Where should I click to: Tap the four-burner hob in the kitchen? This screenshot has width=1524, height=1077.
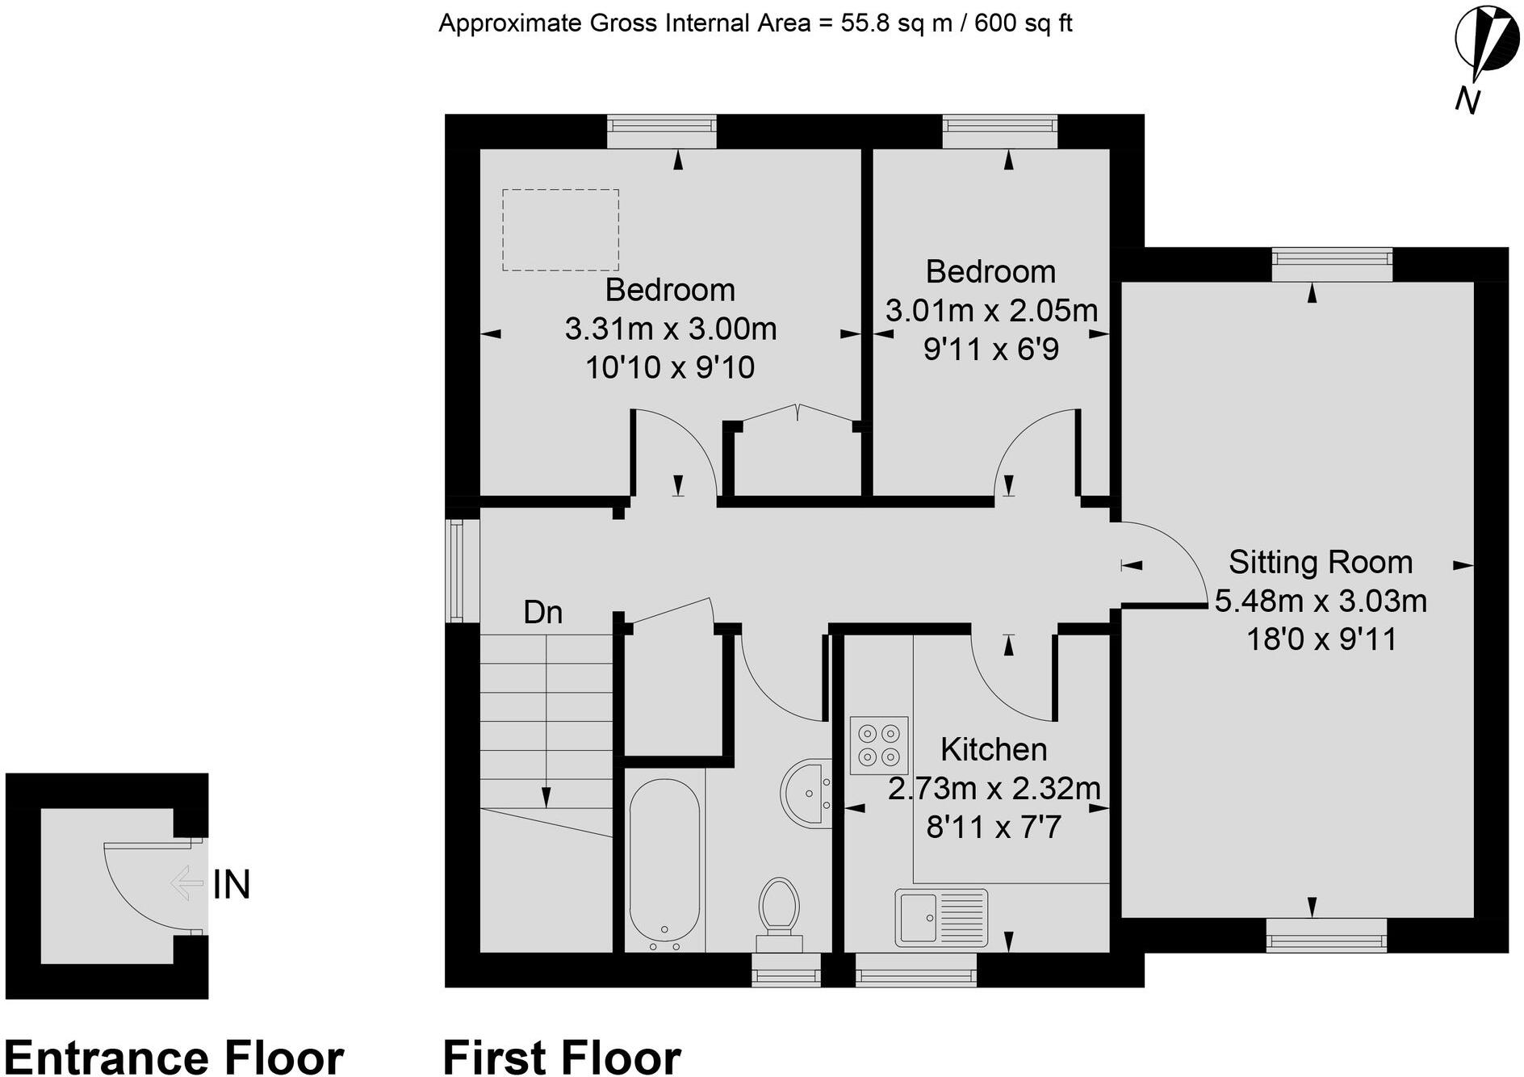879,745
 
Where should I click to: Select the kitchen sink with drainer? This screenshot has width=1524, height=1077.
941,917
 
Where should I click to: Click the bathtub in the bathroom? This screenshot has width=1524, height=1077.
664,864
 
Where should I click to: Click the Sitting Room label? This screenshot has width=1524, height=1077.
1321,562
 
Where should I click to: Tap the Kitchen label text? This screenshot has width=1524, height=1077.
994,749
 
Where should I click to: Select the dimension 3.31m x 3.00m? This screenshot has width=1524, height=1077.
670,329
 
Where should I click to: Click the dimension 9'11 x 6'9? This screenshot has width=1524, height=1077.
990,349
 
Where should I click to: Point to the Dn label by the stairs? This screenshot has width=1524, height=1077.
542,612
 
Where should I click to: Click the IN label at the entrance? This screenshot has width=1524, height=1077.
232,885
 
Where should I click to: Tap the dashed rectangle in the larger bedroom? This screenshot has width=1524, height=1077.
560,230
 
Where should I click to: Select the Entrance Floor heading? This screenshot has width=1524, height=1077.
174,1058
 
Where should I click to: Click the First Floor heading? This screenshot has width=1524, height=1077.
562,1058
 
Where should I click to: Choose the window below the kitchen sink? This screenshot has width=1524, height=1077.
915,969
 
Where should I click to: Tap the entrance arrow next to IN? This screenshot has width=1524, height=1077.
186,883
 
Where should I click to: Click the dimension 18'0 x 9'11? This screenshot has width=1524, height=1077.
1321,639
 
